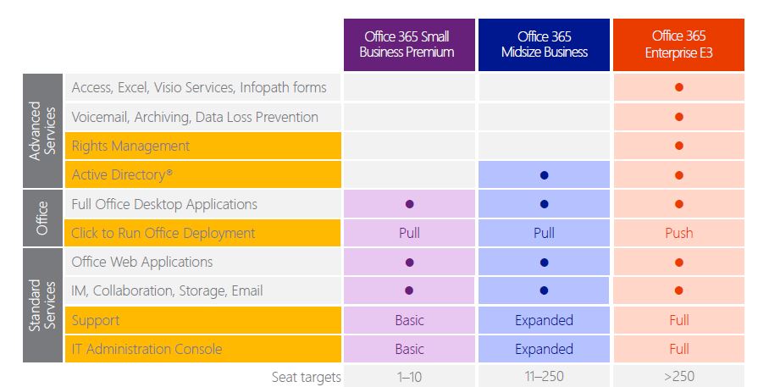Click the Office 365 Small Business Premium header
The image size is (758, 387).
409,44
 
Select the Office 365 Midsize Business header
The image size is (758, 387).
544,44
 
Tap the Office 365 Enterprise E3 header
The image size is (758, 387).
678,44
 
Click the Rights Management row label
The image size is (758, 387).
130,146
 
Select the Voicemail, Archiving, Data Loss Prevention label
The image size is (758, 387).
195,117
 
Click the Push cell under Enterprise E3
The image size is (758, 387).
678,233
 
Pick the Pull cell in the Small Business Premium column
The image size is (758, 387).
409,233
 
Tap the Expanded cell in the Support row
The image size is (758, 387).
544,320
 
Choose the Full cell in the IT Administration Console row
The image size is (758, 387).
678,349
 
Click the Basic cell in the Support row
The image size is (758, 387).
409,320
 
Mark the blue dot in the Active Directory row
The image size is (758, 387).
544,175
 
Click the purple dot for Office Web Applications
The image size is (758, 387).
409,262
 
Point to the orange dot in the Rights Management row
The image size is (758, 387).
678,146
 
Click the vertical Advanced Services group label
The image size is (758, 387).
43,130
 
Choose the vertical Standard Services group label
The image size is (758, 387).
43,305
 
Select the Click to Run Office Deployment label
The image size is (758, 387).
163,233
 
